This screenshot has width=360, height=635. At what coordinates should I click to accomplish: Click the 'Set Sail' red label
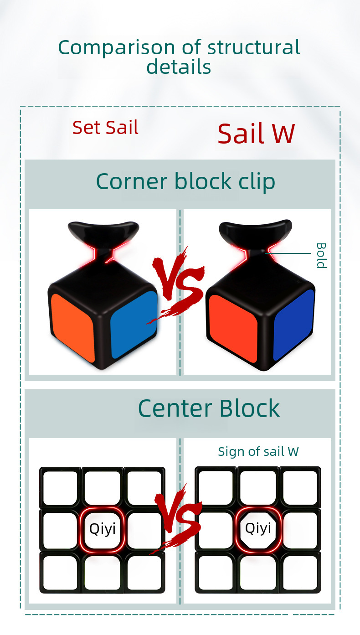(105, 128)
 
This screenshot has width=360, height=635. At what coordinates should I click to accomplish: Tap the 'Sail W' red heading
(256, 134)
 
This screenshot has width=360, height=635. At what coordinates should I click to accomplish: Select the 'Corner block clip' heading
(185, 181)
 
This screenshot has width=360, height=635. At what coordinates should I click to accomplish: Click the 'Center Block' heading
(208, 408)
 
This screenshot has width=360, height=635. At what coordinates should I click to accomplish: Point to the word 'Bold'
(321, 255)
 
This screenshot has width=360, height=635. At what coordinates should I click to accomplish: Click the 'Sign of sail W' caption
(258, 451)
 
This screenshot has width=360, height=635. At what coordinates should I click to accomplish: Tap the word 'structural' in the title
(254, 47)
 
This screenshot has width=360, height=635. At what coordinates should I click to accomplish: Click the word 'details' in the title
(179, 67)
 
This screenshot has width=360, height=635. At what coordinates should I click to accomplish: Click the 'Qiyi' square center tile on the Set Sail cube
(103, 529)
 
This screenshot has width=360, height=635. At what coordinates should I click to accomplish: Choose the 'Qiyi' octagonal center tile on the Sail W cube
(258, 528)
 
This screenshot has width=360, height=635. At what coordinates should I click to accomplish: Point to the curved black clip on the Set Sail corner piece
(103, 232)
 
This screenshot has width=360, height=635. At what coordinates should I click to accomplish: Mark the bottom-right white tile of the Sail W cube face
(300, 573)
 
